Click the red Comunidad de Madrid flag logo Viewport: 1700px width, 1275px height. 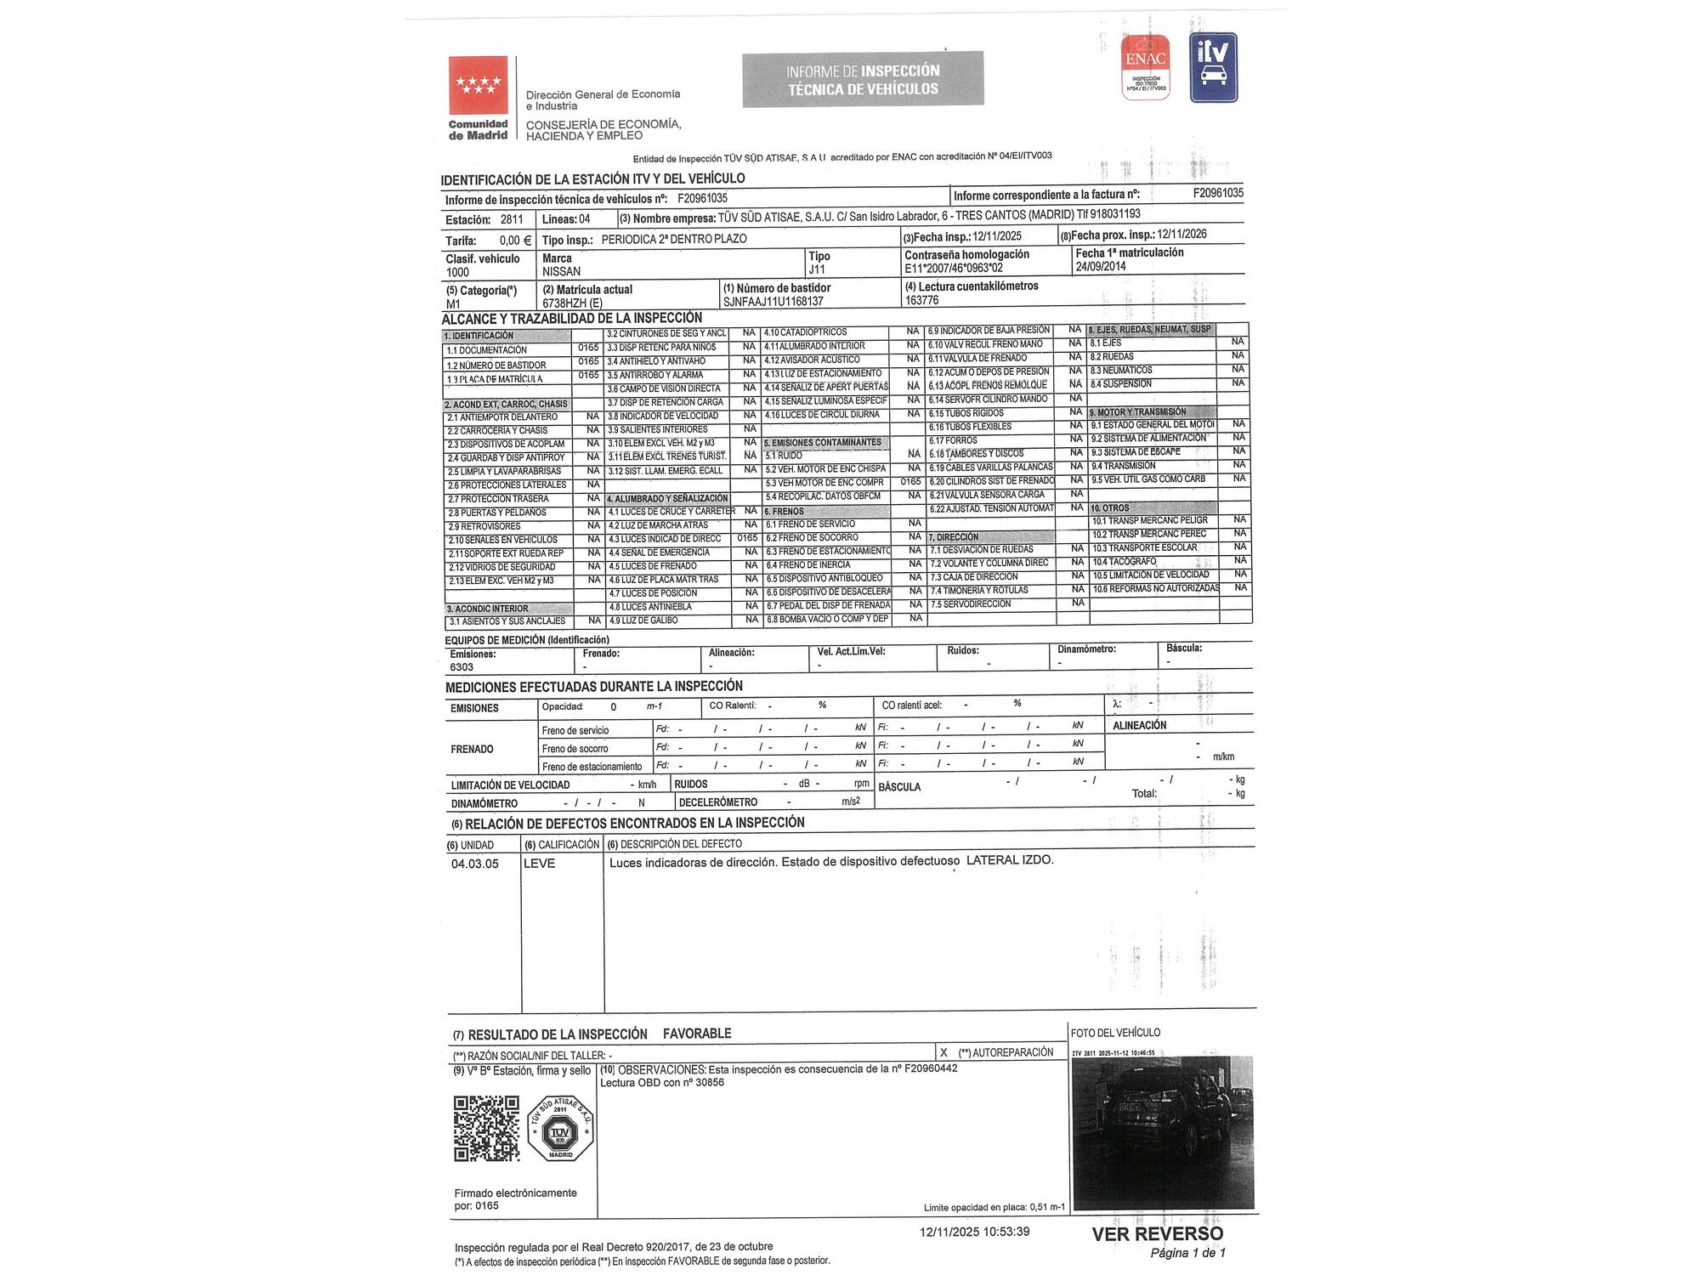pos(479,85)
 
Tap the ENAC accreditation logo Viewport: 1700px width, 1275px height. pos(1145,67)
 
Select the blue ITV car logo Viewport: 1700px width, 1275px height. pos(1213,67)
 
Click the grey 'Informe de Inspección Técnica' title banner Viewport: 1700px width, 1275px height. pos(863,80)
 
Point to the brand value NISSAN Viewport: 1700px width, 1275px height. pos(562,272)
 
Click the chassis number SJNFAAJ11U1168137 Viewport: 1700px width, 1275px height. pos(773,302)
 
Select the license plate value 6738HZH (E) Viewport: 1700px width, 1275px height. pos(572,303)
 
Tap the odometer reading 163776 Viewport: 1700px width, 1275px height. pos(921,300)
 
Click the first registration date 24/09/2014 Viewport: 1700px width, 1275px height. pos(1101,266)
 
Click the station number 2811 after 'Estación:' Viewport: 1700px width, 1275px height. pos(512,219)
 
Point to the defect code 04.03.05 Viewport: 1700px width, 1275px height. pos(474,864)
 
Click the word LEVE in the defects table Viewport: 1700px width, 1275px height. pos(539,864)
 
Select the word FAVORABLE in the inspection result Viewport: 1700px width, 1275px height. pos(697,1034)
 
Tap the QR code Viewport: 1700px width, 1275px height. pos(486,1129)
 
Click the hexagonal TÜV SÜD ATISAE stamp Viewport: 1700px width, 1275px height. pos(560,1129)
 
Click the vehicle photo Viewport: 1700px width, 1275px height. pos(1162,1132)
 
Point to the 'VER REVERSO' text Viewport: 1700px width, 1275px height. pos(1158,1234)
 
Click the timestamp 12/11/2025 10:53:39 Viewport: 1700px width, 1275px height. pos(974,1232)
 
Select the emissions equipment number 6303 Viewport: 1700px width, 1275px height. pos(462,667)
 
